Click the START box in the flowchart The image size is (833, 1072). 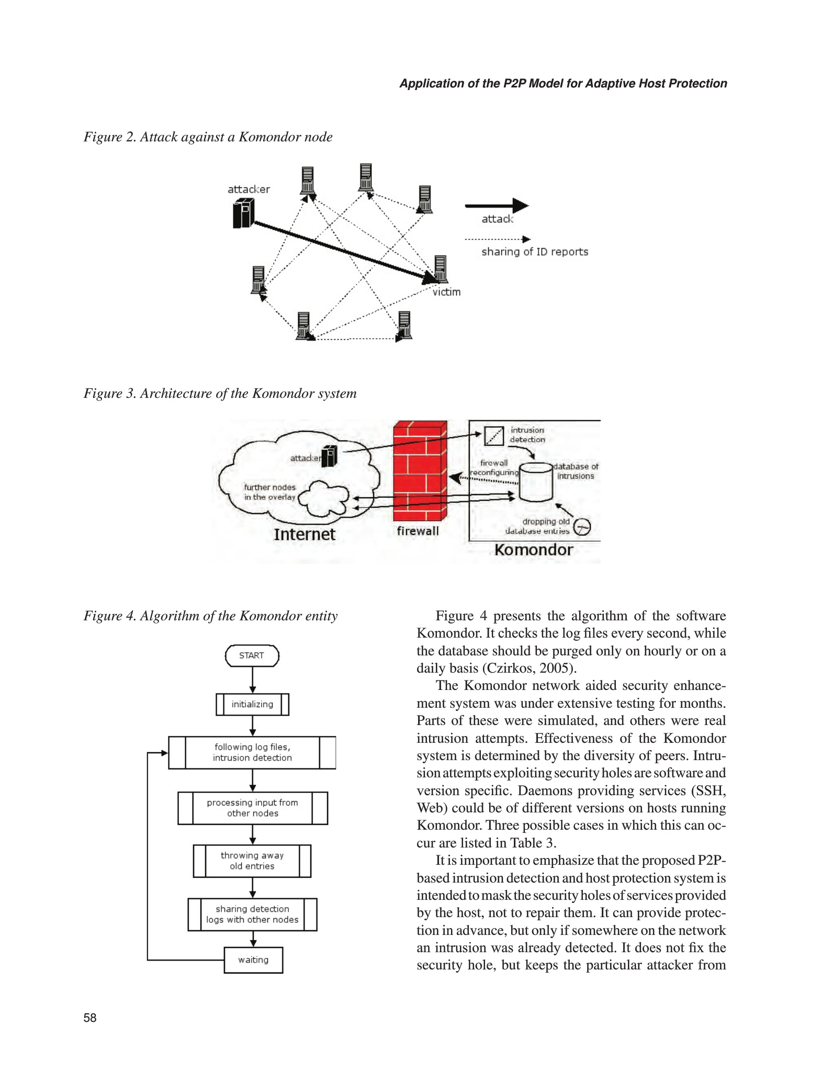[252, 655]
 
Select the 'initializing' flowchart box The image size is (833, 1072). [252, 704]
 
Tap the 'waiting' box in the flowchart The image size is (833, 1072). [253, 959]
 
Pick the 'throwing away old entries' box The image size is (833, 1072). [252, 861]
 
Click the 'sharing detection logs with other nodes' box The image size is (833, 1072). [252, 914]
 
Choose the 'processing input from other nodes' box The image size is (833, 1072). [252, 808]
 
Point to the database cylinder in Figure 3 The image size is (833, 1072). [536, 482]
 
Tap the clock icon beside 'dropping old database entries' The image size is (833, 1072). [582, 527]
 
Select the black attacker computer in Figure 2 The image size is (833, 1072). [243, 214]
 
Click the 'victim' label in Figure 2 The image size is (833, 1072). [446, 292]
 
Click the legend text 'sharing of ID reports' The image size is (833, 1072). [535, 252]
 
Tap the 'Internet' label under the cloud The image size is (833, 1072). [304, 534]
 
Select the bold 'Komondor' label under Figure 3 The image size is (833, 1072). [534, 550]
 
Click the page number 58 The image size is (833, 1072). [90, 1018]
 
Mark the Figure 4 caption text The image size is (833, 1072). [210, 616]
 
